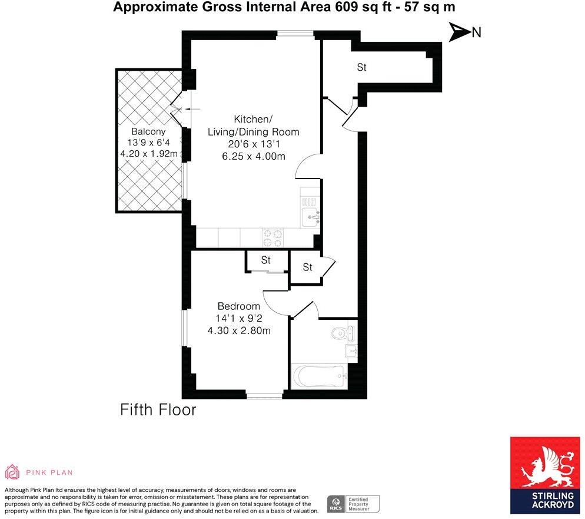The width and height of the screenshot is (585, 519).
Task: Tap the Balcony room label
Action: pos(148,131)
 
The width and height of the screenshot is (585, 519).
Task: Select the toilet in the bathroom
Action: pos(340,333)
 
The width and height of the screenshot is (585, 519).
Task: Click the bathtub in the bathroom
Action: pos(318,375)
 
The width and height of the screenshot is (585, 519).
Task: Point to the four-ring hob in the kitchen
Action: pos(272,237)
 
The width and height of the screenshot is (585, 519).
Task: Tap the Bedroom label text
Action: pos(238,306)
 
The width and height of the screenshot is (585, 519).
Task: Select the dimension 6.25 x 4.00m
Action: pos(254,156)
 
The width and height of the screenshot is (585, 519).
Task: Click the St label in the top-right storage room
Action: pos(361,68)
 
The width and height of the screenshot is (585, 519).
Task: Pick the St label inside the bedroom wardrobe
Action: pos(265,260)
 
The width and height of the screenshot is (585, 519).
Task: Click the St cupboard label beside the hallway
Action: pos(307,267)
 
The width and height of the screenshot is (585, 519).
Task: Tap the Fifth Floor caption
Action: pos(158,410)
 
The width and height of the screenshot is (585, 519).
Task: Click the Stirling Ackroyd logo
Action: pos(545,475)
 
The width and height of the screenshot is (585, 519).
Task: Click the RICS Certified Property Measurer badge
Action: pos(353,504)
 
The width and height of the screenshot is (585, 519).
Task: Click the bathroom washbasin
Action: pos(351,352)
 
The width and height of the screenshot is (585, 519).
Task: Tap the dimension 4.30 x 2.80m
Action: pos(238,330)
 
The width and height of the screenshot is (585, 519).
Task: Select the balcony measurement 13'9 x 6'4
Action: pos(148,143)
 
